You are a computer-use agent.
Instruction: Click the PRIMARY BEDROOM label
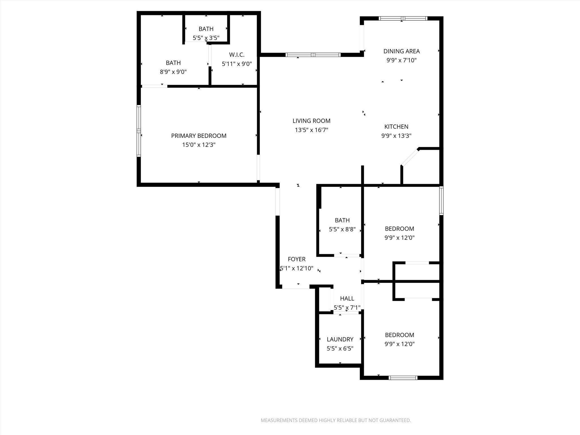(x=199, y=136)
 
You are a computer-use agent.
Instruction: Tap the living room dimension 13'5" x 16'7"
(x=311, y=130)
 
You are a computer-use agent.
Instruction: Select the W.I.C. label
(x=237, y=55)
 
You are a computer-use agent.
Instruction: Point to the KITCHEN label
(x=396, y=127)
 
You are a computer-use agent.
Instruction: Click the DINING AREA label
(x=401, y=51)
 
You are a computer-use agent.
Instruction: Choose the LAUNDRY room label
(x=340, y=339)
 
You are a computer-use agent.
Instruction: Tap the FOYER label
(x=297, y=259)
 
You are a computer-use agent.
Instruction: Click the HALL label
(x=347, y=298)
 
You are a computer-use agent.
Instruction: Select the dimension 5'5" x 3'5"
(x=206, y=38)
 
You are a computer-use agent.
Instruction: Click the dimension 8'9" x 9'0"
(x=173, y=72)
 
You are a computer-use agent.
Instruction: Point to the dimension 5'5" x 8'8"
(x=342, y=229)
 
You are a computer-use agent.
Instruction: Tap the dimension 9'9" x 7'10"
(x=401, y=60)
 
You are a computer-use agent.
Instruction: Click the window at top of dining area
(x=403, y=18)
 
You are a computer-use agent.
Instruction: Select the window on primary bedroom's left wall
(x=139, y=131)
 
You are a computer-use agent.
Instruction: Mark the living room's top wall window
(x=313, y=55)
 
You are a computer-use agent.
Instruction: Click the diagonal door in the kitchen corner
(x=410, y=157)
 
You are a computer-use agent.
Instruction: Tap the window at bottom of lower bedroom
(x=403, y=378)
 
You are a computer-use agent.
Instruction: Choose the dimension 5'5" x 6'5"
(x=340, y=348)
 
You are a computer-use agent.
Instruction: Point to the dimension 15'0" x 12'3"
(x=199, y=145)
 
